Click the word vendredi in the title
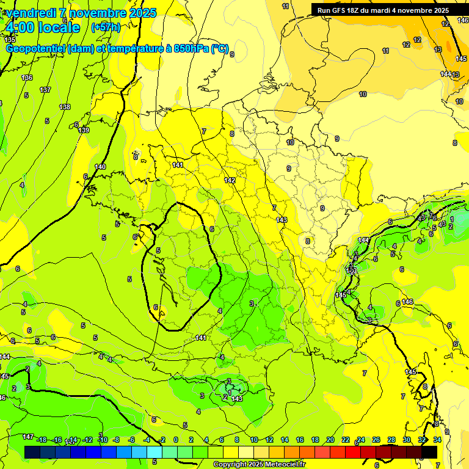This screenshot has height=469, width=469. click(32, 13)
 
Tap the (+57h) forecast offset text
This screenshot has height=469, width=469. click(106, 27)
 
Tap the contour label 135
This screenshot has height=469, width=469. click(10, 39)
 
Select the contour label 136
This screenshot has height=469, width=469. click(27, 78)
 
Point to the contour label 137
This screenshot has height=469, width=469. click(45, 90)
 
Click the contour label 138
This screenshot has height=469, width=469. click(65, 107)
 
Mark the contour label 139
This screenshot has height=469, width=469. click(84, 130)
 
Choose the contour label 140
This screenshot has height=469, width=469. click(100, 167)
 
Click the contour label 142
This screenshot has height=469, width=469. click(230, 180)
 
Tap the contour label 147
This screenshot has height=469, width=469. click(28, 437)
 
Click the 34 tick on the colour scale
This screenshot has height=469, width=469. click(437, 440)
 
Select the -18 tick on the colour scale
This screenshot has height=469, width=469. click(42, 440)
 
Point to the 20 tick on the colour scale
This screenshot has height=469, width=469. click(330, 440)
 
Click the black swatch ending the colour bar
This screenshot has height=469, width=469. click(429, 452)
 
